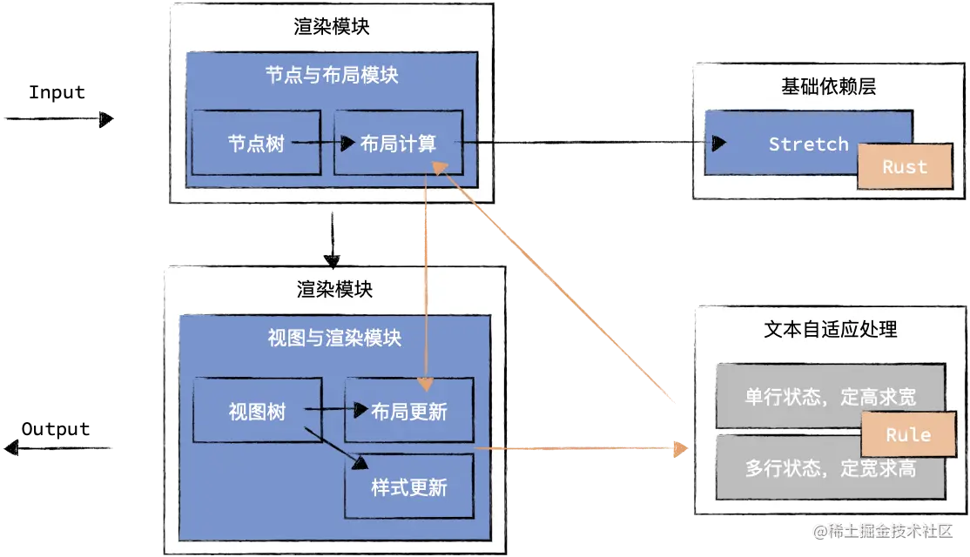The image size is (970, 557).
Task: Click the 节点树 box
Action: [256, 143]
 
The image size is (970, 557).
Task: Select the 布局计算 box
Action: [398, 143]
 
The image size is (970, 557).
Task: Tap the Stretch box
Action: [808, 144]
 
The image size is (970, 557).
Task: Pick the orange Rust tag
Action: [905, 167]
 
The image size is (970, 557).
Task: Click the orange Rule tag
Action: [907, 435]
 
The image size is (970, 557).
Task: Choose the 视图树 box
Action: [257, 410]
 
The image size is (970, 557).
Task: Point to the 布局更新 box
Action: [409, 411]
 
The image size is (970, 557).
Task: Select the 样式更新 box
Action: [409, 487]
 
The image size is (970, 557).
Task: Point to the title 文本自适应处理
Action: [830, 329]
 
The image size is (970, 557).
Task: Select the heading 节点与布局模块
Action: [332, 75]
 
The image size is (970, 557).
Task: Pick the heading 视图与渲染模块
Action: [334, 338]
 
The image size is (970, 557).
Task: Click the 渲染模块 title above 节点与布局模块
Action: [332, 26]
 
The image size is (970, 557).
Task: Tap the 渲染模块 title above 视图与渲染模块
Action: [334, 289]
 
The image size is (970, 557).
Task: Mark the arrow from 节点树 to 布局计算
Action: [322, 143]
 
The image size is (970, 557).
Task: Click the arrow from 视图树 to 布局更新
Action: [334, 408]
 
